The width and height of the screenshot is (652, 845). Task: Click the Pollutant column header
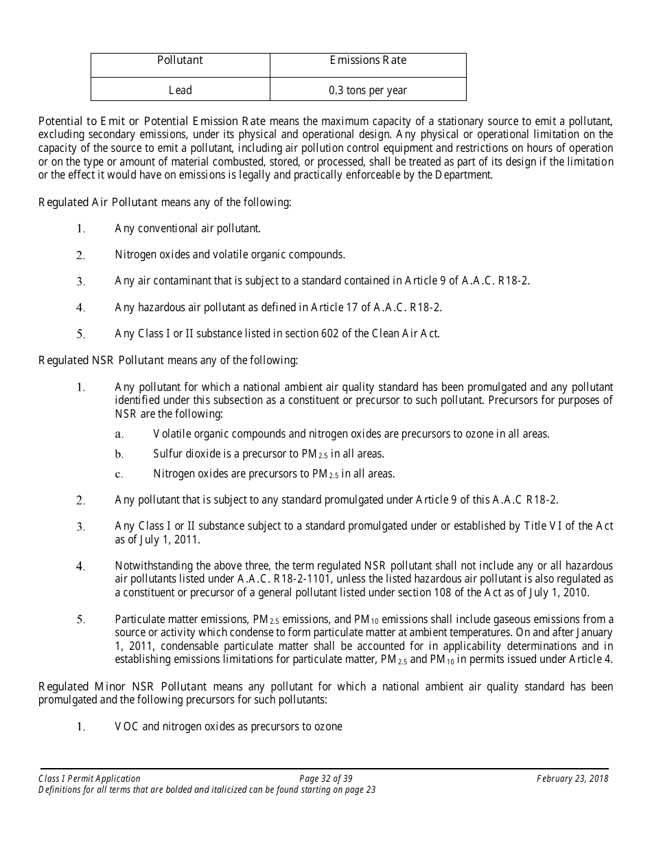pos(180,60)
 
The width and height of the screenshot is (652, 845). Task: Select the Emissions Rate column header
pos(368,60)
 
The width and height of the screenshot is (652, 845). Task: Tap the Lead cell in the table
pos(180,90)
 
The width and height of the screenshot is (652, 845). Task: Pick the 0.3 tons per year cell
pos(368,90)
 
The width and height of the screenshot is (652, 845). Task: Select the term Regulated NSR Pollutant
pos(102,360)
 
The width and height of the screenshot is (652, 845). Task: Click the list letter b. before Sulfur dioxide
pos(119,454)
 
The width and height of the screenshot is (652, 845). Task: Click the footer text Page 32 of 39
pos(326,778)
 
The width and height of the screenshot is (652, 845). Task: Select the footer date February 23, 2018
pos(572,778)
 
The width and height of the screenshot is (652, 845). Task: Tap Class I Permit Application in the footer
pos(90,778)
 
